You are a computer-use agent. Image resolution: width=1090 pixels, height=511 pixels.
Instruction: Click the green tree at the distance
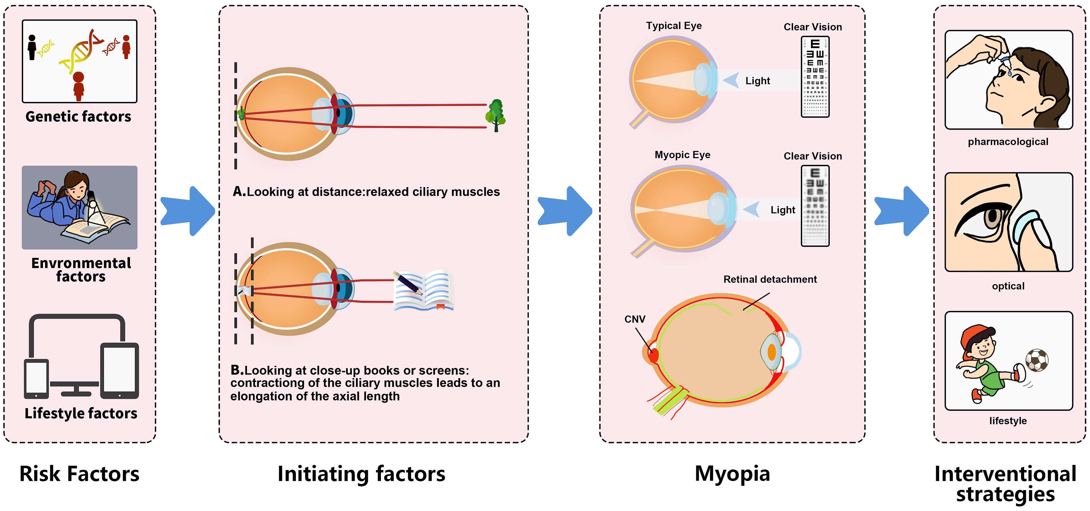click(496, 115)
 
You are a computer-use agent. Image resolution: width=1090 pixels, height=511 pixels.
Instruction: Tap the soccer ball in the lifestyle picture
click(1037, 360)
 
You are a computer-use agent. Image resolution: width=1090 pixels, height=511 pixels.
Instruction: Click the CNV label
click(635, 319)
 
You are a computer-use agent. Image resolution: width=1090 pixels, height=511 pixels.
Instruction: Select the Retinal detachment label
click(770, 280)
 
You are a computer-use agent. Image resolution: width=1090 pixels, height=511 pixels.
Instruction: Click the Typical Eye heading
click(674, 26)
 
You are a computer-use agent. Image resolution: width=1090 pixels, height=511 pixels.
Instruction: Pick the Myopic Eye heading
click(682, 155)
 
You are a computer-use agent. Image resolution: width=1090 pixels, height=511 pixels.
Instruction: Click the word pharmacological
click(1008, 142)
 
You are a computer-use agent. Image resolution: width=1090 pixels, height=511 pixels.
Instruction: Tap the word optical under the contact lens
click(1008, 286)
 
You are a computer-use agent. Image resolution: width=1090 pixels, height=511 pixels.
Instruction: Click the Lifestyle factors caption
click(81, 413)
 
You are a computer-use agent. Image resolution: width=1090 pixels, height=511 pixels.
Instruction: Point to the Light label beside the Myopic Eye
click(782, 210)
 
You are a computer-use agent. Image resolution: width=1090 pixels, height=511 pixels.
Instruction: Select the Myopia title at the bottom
click(732, 474)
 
